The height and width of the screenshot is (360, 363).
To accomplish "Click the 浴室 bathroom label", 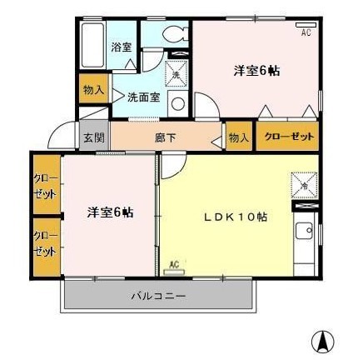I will [121, 47].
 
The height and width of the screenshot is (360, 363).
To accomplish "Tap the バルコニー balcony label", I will [157, 296].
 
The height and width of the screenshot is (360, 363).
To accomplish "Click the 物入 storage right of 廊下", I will [237, 137].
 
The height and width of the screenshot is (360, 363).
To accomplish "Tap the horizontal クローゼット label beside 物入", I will [287, 137].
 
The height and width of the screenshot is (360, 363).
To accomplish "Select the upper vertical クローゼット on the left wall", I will [45, 184].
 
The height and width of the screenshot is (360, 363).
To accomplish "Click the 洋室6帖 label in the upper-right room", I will [255, 71].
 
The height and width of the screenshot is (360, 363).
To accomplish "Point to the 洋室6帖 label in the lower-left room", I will [110, 212].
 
